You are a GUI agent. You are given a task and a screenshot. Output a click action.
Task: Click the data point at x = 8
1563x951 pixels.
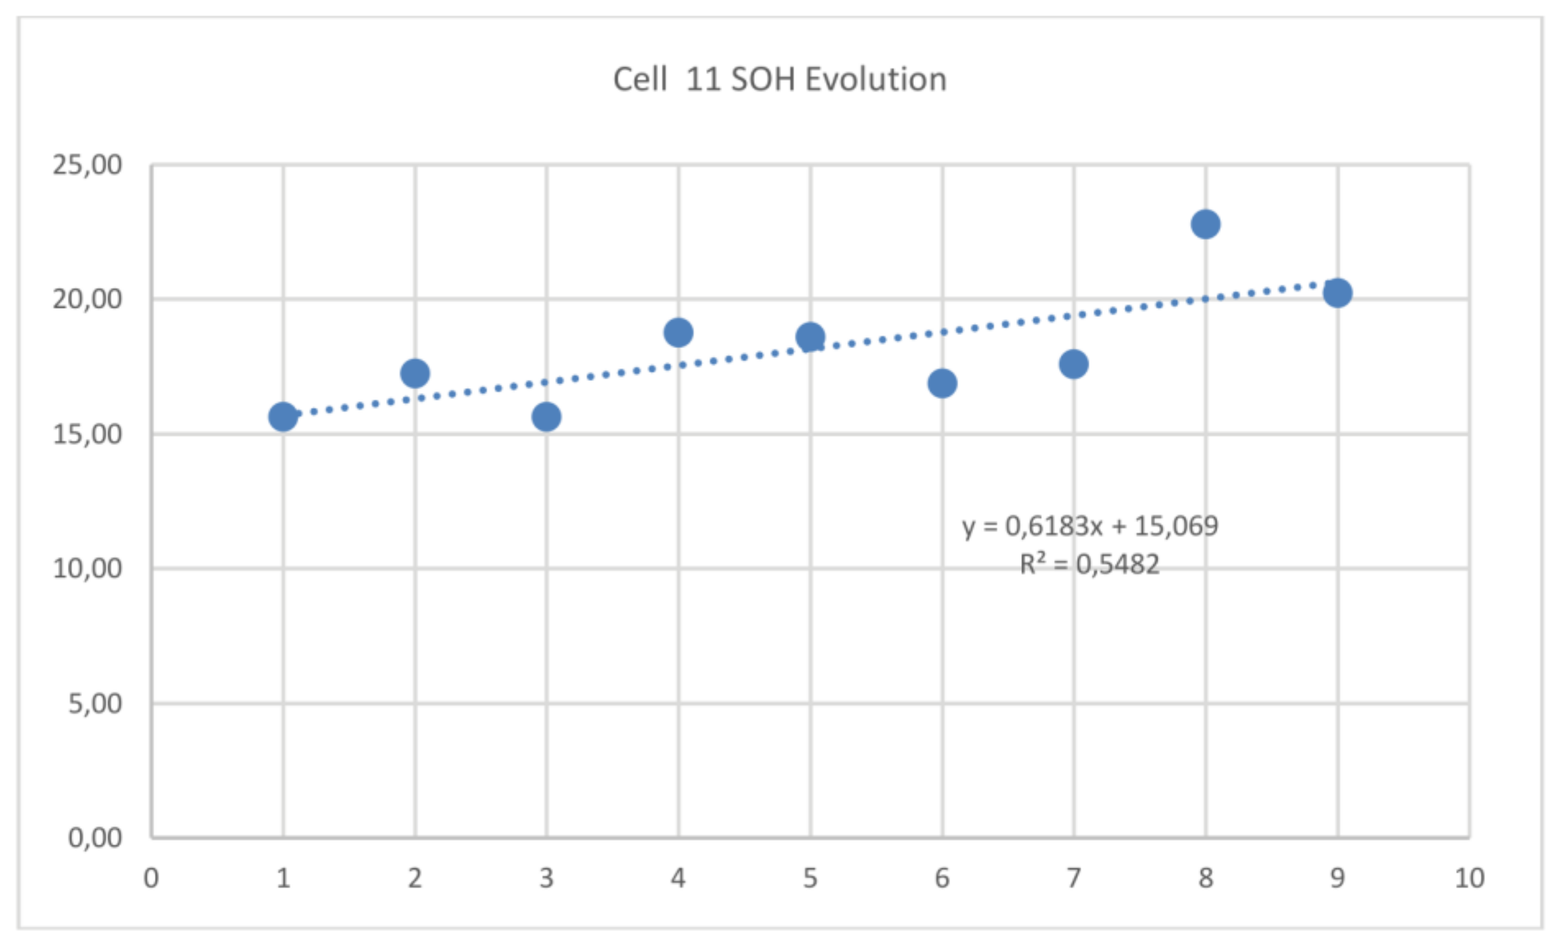pyautogui.click(x=1205, y=225)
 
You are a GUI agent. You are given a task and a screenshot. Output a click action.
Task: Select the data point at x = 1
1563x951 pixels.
pyautogui.click(x=283, y=417)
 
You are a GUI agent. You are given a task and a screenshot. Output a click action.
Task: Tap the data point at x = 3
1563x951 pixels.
pyautogui.click(x=546, y=417)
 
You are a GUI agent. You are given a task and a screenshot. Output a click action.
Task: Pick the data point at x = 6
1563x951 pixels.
pyautogui.click(x=942, y=384)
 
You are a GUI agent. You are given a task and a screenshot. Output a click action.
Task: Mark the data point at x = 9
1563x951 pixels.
pyautogui.click(x=1337, y=293)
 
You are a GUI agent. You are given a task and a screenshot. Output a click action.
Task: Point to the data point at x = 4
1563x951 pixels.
pyautogui.click(x=678, y=333)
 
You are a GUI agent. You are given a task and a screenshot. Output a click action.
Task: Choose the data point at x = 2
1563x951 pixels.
pyautogui.click(x=415, y=373)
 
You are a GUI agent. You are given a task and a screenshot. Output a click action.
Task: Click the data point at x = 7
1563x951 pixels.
pyautogui.click(x=1073, y=365)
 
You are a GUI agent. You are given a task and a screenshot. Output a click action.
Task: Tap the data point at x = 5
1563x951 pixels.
pyautogui.click(x=810, y=337)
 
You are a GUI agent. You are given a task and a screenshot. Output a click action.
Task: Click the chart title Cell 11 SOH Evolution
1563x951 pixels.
pyautogui.click(x=780, y=80)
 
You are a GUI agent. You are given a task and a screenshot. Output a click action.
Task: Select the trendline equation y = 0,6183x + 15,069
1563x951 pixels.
pyautogui.click(x=1090, y=526)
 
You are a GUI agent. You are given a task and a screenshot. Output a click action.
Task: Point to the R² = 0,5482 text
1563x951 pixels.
pyautogui.click(x=1089, y=564)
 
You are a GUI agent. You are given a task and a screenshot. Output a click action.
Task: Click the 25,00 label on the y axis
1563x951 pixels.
pyautogui.click(x=87, y=166)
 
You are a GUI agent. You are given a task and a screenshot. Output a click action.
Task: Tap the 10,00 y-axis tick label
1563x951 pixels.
pyautogui.click(x=87, y=569)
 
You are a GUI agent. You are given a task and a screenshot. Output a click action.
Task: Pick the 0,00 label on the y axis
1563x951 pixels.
pyautogui.click(x=95, y=838)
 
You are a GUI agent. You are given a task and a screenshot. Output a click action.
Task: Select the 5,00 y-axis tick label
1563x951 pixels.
pyautogui.click(x=95, y=704)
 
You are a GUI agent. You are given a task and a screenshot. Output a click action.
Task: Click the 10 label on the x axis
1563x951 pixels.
pyautogui.click(x=1469, y=879)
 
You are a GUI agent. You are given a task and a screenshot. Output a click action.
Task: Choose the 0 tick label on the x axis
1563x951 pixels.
pyautogui.click(x=151, y=879)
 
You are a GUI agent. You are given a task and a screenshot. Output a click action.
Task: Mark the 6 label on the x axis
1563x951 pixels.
pyautogui.click(x=942, y=879)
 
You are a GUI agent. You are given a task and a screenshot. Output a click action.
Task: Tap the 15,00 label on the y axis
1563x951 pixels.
pyautogui.click(x=87, y=435)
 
